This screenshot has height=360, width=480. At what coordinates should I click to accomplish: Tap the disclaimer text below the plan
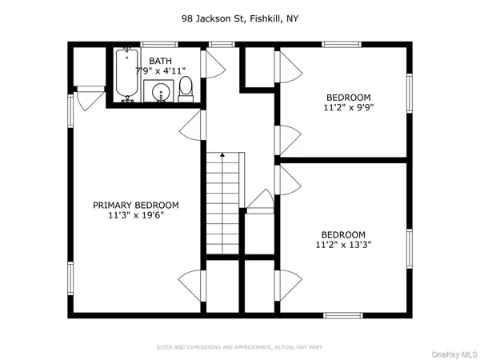240,346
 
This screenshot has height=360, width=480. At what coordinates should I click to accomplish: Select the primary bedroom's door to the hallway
192,125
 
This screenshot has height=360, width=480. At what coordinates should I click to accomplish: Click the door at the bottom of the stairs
260,200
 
